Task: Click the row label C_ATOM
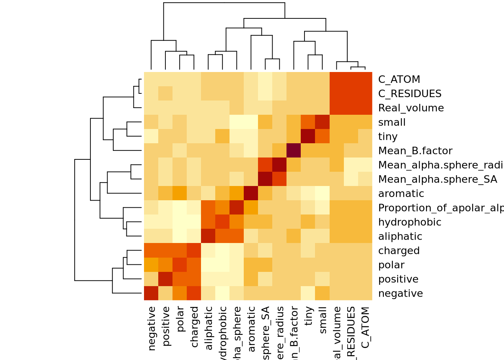click(x=399, y=79)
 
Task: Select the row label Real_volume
click(x=411, y=108)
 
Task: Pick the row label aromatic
click(x=401, y=193)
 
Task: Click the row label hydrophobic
click(x=409, y=222)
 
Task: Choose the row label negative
click(x=400, y=293)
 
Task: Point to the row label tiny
click(x=387, y=136)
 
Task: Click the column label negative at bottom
click(x=151, y=328)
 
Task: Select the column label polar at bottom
click(x=180, y=319)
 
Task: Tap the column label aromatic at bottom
click(x=251, y=329)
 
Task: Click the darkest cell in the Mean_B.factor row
click(x=294, y=151)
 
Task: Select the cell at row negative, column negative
click(x=151, y=293)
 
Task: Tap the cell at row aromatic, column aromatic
click(x=251, y=193)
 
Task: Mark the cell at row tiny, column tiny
click(x=308, y=136)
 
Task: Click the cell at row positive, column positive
click(x=165, y=279)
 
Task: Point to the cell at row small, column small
click(x=322, y=122)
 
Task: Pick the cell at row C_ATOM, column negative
click(x=151, y=79)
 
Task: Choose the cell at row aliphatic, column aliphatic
click(x=208, y=236)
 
